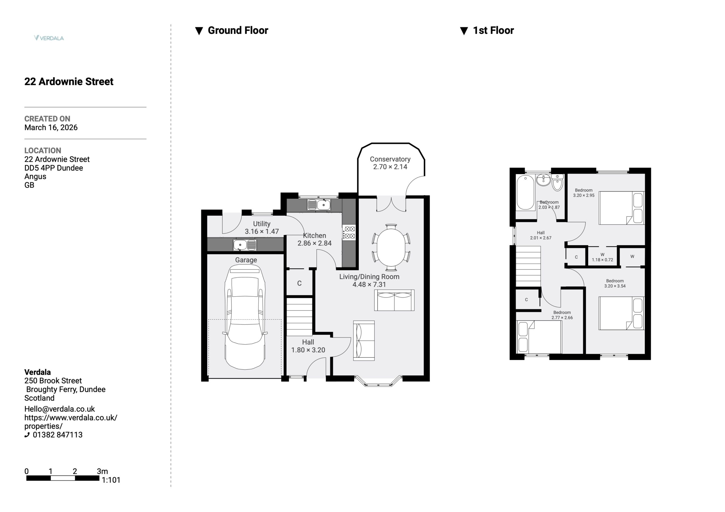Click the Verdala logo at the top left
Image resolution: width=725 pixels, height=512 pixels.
pyautogui.click(x=49, y=38)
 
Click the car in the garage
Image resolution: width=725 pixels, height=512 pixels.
pyautogui.click(x=245, y=317)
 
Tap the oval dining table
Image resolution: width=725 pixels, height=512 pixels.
pyautogui.click(x=391, y=247)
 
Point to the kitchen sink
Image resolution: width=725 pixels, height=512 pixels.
pyautogui.click(x=319, y=205)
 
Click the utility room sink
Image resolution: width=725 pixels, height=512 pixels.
pyautogui.click(x=245, y=245)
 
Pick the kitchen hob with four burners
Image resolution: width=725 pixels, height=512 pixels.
pyautogui.click(x=349, y=232)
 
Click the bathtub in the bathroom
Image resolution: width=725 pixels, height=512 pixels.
pyautogui.click(x=525, y=192)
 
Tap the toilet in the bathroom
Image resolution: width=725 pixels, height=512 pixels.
pyautogui.click(x=557, y=183)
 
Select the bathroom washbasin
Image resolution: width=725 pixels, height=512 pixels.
pyautogui.click(x=543, y=180)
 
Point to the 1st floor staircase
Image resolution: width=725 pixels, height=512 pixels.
pyautogui.click(x=528, y=266)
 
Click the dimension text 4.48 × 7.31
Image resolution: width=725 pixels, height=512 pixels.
pyautogui.click(x=369, y=284)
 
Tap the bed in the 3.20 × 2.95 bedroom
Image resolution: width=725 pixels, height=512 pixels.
pyautogui.click(x=621, y=208)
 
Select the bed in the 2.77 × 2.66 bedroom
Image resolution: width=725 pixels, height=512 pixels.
pyautogui.click(x=539, y=337)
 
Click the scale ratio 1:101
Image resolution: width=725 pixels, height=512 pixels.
pyautogui.click(x=111, y=480)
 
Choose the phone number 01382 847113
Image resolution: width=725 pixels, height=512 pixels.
pyautogui.click(x=57, y=435)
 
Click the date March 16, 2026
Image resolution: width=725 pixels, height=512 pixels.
pyautogui.click(x=51, y=128)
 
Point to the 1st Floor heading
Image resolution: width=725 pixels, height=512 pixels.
pyautogui.click(x=493, y=30)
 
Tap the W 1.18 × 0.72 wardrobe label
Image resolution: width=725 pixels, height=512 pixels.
pyautogui.click(x=602, y=257)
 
